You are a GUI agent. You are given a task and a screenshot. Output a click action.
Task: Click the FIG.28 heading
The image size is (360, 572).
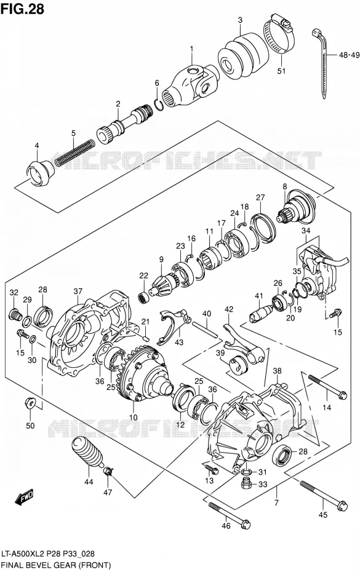click(23, 9)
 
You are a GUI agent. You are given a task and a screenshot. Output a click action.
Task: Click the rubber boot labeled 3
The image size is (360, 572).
click(239, 56)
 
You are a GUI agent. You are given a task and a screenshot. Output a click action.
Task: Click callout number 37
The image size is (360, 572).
click(78, 291)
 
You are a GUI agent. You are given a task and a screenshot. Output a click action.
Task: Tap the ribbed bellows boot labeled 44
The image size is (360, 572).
click(87, 453)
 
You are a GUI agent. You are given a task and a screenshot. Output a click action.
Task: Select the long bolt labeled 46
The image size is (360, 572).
click(230, 515)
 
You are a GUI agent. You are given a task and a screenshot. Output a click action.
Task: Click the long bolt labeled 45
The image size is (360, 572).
click(324, 495)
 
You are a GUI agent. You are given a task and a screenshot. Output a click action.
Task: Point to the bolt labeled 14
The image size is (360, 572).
click(327, 387)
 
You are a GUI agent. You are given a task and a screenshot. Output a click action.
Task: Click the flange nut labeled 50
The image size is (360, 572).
click(30, 403)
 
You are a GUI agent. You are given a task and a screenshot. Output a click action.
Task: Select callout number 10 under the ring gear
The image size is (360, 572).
click(134, 417)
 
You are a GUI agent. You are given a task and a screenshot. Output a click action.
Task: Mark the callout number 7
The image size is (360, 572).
click(276, 502)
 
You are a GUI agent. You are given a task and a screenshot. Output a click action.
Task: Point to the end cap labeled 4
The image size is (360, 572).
click(39, 173)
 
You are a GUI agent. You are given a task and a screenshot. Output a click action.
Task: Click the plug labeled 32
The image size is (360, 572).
click(14, 314)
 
